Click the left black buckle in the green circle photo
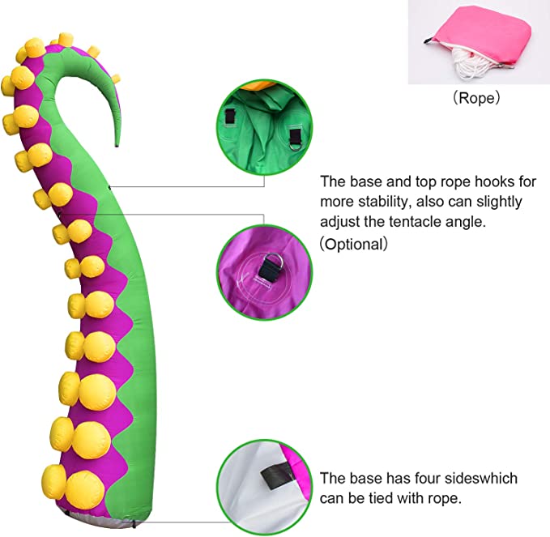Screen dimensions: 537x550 [x=232, y=115]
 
